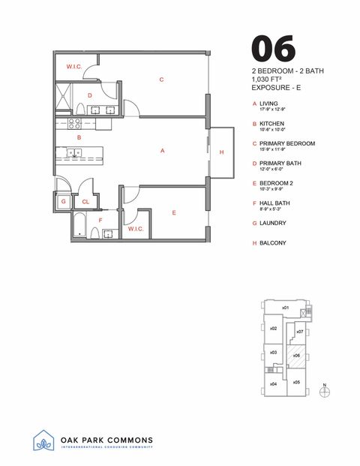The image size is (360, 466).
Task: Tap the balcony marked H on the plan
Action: [x=220, y=152]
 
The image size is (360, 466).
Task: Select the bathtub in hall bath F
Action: [x=81, y=224]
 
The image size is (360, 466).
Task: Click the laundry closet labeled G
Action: [x=64, y=201]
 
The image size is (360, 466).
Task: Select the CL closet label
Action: [x=85, y=201]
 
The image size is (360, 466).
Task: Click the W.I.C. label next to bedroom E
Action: [x=136, y=228]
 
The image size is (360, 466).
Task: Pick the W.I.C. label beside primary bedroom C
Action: [x=73, y=67]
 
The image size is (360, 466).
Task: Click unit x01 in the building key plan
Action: [x=285, y=308]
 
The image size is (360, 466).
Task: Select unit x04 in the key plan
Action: [x=274, y=383]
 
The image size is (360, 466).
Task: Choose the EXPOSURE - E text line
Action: [x=280, y=88]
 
